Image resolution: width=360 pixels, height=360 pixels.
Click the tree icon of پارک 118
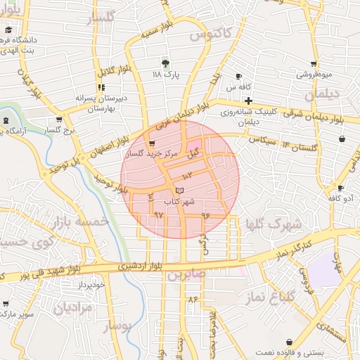(x=167, y=63)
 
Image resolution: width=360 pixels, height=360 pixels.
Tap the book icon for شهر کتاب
(x=179, y=191)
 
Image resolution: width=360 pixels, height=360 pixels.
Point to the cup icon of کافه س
(x=238, y=76)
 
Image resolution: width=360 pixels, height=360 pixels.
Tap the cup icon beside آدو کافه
(x=340, y=188)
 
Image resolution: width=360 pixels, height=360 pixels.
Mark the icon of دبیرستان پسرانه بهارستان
(x=102, y=87)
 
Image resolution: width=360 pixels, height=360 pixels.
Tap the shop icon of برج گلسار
(x=60, y=120)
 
